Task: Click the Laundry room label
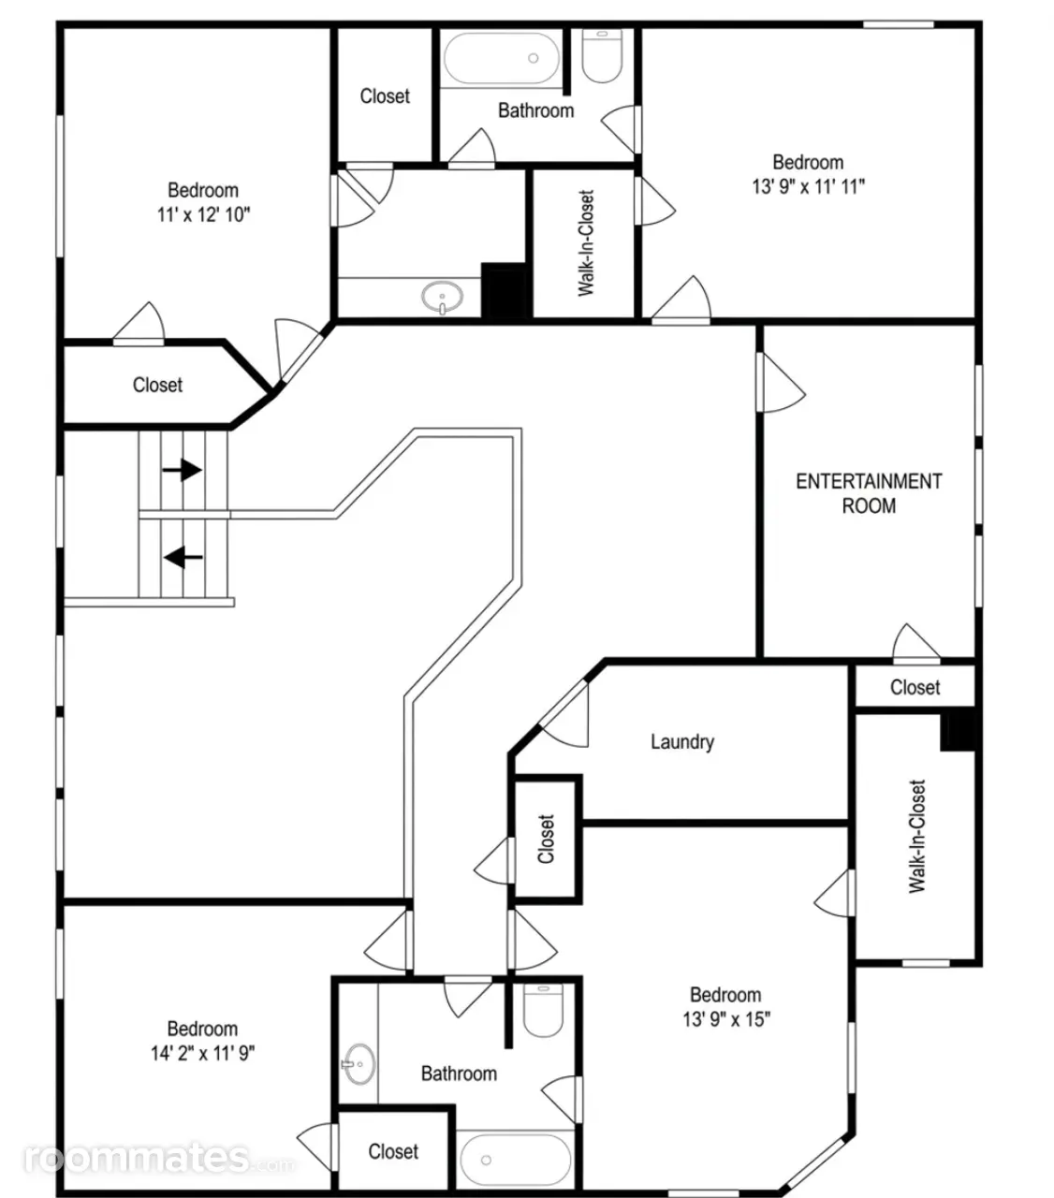682,742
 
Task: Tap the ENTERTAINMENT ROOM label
869,494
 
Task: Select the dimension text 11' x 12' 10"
203,214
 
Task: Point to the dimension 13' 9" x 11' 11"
808,187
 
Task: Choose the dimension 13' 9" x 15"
726,1019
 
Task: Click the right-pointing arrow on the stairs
183,470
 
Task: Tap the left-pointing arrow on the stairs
183,557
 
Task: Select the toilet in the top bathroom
602,55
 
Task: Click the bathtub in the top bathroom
502,58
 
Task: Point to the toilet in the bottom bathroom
543,1010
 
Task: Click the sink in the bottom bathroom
359,1064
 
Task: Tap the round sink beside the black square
442,297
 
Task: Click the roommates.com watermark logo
158,1158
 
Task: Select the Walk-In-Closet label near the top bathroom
586,243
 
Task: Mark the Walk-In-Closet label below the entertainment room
916,836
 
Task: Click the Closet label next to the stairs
157,385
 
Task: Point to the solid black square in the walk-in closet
959,732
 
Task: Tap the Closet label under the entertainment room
915,687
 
